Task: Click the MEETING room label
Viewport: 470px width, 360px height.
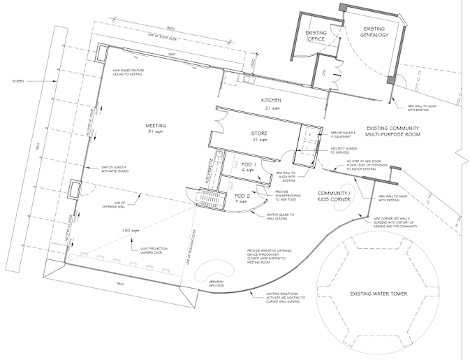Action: [x=154, y=126]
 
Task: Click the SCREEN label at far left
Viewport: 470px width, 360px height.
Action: [x=19, y=81]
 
